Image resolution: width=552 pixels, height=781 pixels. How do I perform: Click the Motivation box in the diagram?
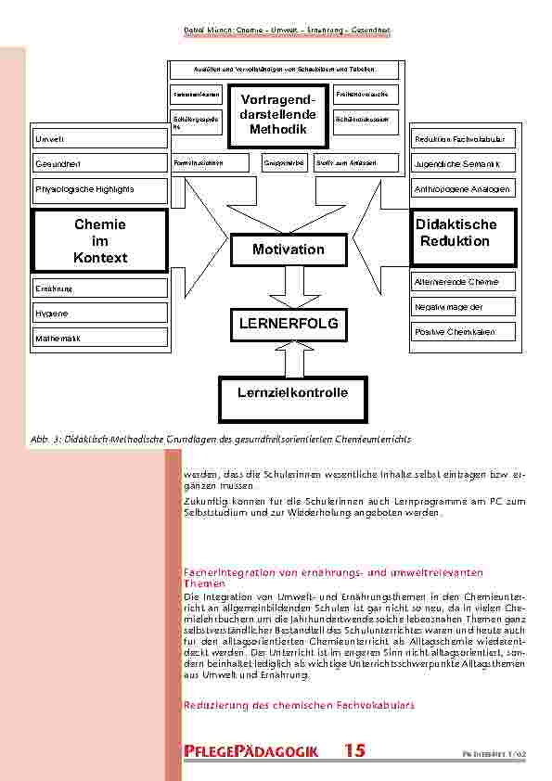click(x=288, y=250)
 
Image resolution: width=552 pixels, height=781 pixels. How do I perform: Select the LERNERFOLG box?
click(x=288, y=324)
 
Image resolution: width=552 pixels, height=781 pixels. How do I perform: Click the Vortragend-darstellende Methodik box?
click(x=277, y=115)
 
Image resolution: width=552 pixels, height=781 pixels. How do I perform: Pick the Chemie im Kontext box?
click(x=100, y=240)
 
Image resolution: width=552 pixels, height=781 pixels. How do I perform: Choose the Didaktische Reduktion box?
click(x=456, y=234)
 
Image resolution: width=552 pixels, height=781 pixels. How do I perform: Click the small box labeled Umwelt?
click(x=100, y=139)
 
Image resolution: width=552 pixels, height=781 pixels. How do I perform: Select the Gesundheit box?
click(x=100, y=164)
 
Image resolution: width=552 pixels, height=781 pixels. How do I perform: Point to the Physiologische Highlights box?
click(x=100, y=190)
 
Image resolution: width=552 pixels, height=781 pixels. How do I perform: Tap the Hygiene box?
click(x=100, y=314)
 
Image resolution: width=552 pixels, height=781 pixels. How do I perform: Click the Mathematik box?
click(x=100, y=339)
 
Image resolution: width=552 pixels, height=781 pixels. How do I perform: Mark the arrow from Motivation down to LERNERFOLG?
click(x=288, y=287)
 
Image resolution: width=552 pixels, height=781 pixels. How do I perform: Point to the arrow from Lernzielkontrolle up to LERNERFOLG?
click(x=288, y=358)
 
